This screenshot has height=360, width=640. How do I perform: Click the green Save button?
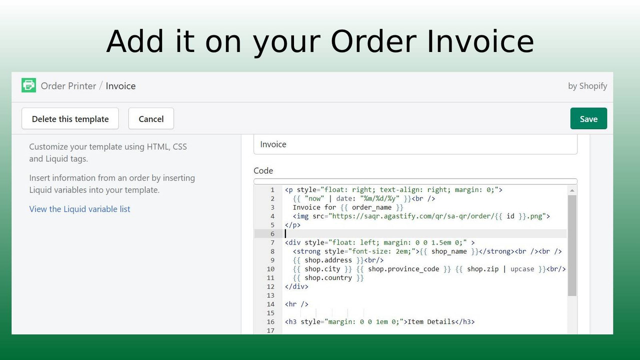pos(588,119)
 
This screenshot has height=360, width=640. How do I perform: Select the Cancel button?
pos(151,119)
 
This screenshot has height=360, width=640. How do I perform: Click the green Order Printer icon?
pos(29,85)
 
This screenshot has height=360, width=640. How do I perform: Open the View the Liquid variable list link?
pos(79,209)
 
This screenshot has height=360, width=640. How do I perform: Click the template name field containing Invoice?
pos(415,144)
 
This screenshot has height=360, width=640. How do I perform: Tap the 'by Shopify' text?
pos(587,86)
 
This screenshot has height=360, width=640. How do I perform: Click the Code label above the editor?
pos(263,171)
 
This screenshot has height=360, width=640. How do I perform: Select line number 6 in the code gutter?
pos(272,234)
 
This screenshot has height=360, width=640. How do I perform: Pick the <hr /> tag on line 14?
pos(296,304)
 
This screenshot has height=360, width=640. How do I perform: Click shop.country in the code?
pos(328,278)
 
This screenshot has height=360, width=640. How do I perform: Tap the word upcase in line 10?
pos(522,269)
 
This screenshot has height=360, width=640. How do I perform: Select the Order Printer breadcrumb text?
pos(68,86)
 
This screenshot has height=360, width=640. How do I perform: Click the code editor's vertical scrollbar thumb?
pos(572,245)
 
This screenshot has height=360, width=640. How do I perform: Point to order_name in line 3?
pos(371,207)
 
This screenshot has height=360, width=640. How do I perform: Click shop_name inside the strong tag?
pos(448,251)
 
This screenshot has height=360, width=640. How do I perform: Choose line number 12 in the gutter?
pos(270,286)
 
